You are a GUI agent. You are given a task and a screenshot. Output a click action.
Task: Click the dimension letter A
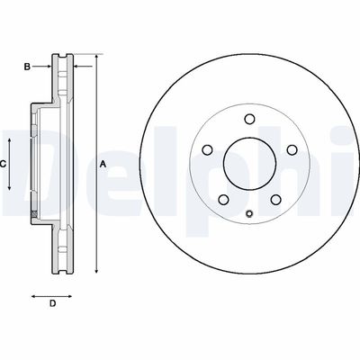[x=103, y=164]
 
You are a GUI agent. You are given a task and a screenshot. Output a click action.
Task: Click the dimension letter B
[x=27, y=66]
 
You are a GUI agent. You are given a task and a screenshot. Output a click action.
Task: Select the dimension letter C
[x=4, y=164]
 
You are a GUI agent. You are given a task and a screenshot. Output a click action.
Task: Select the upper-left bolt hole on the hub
[x=207, y=149]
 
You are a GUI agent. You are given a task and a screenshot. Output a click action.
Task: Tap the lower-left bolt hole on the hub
[x=221, y=199]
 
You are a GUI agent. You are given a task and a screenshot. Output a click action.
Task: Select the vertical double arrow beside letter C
[x=11, y=164]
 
